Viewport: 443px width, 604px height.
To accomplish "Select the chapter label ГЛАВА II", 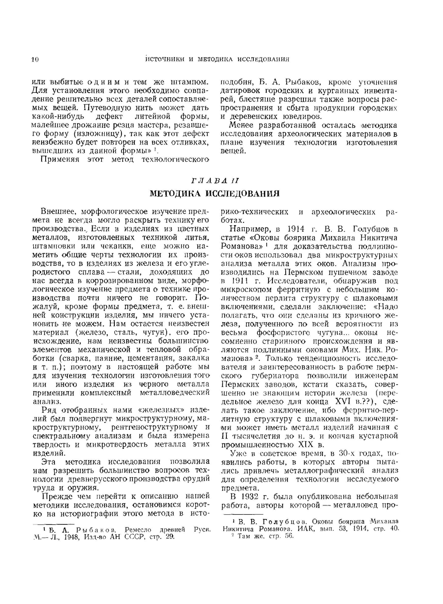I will pos(215,180).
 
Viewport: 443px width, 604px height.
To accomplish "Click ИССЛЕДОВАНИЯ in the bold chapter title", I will pos(247,193).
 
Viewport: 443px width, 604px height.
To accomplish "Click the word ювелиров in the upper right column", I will pos(300,116).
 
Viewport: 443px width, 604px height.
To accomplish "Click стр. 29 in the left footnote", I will pos(162,537).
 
